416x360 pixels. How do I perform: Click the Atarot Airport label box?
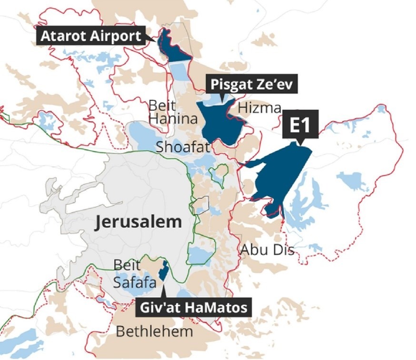pyautogui.click(x=90, y=36)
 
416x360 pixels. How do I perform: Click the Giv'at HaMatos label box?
pyautogui.click(x=194, y=307)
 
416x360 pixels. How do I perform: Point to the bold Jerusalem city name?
pyautogui.click(x=138, y=222)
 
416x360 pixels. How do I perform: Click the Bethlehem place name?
pyautogui.click(x=155, y=331)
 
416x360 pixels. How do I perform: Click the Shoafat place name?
pyautogui.click(x=183, y=147)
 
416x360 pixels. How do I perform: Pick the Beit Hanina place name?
pyautogui.click(x=173, y=112)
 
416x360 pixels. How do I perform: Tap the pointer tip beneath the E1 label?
pyautogui.click(x=300, y=142)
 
